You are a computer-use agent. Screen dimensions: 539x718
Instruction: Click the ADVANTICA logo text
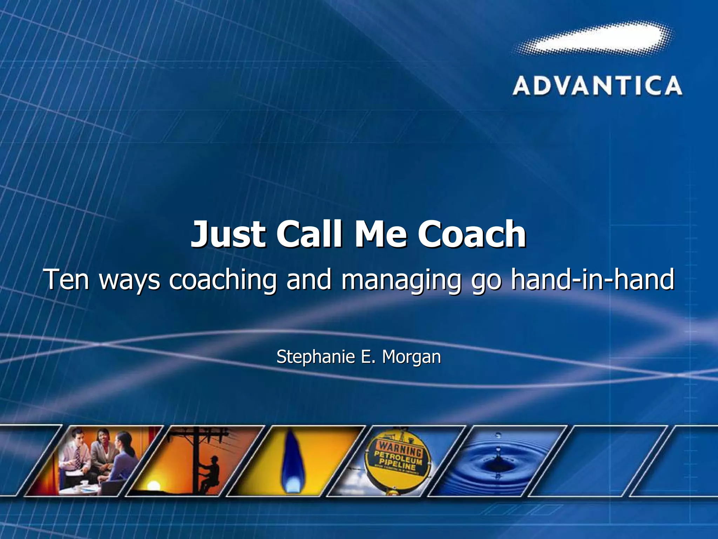(x=597, y=86)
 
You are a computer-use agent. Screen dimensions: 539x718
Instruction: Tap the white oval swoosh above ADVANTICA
(x=592, y=38)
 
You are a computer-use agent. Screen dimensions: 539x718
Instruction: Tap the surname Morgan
(x=411, y=357)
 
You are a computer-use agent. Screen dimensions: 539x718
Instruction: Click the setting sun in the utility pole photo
(x=153, y=486)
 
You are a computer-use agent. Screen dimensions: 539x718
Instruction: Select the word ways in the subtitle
(x=130, y=280)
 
